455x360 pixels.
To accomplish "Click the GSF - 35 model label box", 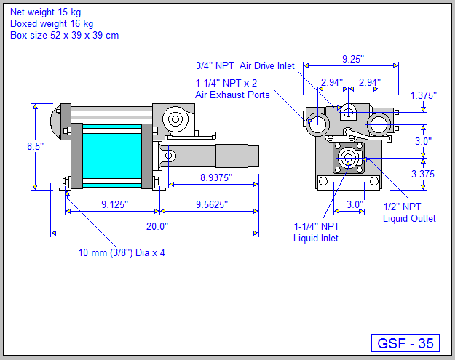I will point(405,343).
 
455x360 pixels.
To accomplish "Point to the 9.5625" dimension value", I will point(212,204).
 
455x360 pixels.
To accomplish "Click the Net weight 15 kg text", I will point(46,12).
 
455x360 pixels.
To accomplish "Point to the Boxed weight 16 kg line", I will point(52,23).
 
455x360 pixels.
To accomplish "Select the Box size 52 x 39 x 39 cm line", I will point(64,34).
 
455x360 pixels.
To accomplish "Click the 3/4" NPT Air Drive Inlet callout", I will point(245,65).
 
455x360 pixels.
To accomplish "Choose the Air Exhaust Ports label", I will point(232,95).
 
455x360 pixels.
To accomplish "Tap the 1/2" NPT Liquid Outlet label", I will point(409,212).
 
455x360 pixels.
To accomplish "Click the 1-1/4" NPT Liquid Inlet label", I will point(316,231).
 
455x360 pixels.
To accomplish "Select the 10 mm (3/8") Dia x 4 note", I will point(126,252).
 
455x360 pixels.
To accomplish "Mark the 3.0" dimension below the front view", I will point(354,204).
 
